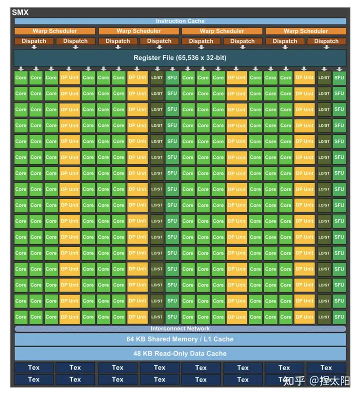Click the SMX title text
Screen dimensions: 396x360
(20, 12)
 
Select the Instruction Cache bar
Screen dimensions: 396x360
(180, 21)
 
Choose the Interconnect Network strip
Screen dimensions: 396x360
(180, 329)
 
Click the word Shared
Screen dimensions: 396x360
(160, 340)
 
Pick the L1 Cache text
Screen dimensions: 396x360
(216, 340)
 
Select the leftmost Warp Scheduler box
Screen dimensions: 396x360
(54, 31)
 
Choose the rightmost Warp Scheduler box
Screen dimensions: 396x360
(305, 31)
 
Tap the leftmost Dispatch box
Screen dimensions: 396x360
(34, 41)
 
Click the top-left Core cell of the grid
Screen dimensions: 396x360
(20, 77)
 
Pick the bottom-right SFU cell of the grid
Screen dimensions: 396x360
(339, 317)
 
